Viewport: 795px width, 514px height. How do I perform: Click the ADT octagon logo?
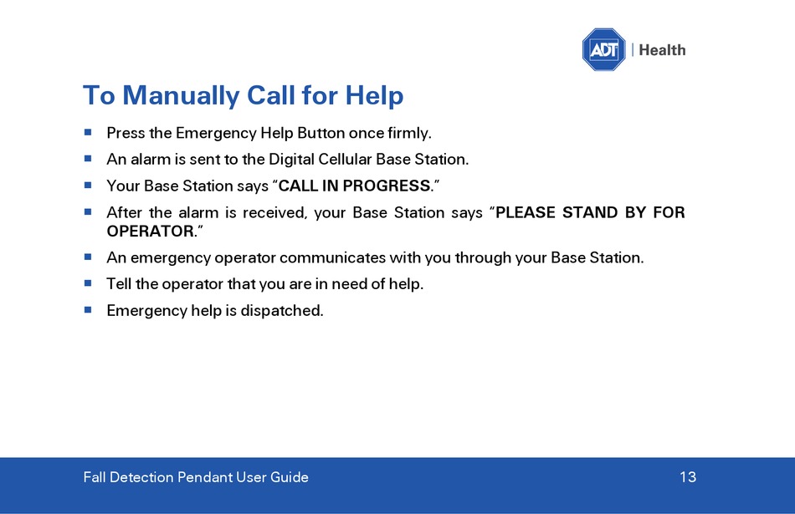coord(603,49)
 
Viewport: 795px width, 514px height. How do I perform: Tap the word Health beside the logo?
coord(662,50)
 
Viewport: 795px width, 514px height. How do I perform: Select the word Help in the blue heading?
coord(374,96)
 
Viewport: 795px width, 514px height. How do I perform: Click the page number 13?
coord(688,477)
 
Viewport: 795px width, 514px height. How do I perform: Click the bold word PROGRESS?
coord(387,186)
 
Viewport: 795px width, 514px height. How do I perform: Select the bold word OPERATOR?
coord(151,232)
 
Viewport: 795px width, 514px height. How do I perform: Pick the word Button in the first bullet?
coord(321,133)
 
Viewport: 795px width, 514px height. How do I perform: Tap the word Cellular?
coord(346,160)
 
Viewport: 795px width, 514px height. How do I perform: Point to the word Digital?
coord(291,160)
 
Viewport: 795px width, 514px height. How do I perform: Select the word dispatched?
coord(281,310)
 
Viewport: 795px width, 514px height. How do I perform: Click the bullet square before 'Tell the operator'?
coord(88,283)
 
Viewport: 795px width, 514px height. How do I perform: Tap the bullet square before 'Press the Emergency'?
coord(88,132)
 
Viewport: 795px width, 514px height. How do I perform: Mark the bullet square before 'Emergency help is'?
coord(88,309)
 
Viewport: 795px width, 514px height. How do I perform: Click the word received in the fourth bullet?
coord(274,212)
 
